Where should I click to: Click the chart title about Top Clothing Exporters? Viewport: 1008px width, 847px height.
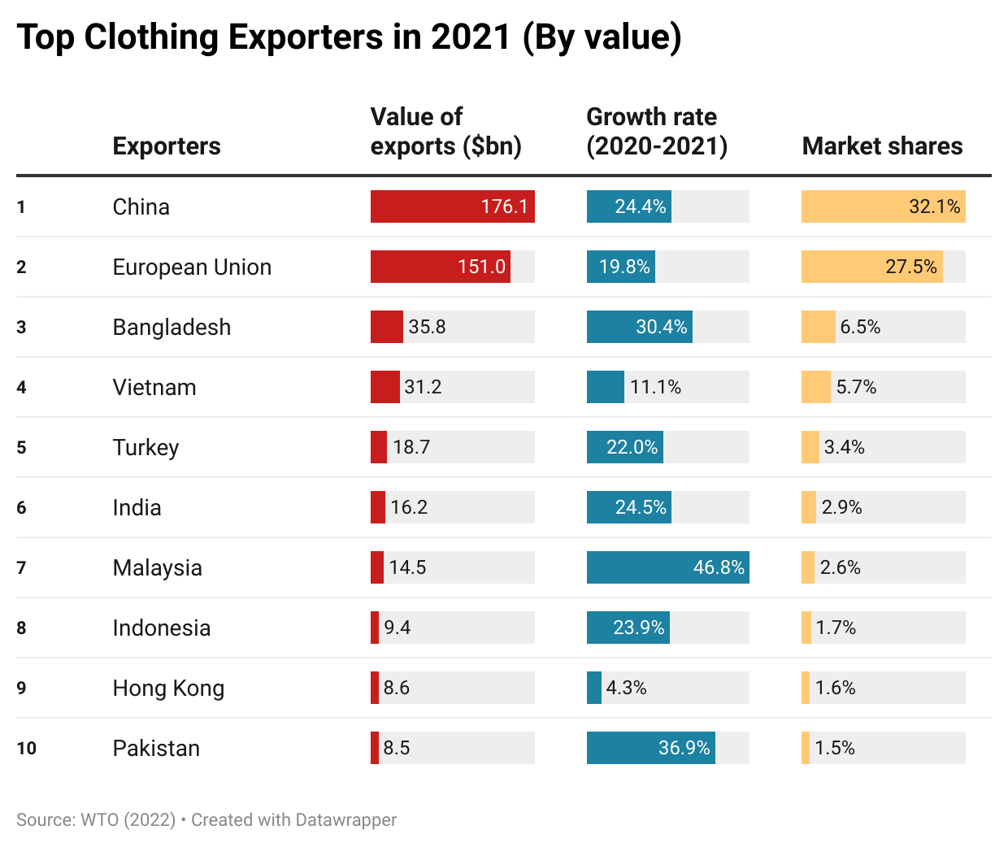(349, 38)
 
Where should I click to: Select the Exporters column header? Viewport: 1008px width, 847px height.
(167, 146)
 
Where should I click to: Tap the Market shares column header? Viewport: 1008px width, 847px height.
(882, 146)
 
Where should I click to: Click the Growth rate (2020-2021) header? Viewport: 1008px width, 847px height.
(657, 132)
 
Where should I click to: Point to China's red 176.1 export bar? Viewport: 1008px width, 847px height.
(452, 206)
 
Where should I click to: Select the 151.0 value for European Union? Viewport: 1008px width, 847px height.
(481, 267)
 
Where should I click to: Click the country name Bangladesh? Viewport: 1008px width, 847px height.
(172, 327)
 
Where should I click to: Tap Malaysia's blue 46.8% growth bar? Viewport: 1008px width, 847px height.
(667, 567)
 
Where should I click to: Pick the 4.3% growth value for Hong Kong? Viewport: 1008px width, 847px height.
(626, 688)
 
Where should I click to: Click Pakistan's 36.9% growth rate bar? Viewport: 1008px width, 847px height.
(650, 748)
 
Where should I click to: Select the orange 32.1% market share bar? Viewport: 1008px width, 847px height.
(883, 206)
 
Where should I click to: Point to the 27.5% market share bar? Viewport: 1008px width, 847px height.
(871, 267)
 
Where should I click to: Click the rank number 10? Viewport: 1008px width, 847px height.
(26, 748)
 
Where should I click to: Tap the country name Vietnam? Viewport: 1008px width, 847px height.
(154, 387)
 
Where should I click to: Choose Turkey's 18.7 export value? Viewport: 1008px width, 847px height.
(411, 447)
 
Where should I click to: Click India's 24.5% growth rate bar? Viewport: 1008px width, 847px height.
(628, 507)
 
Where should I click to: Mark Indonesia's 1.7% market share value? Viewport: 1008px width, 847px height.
(836, 628)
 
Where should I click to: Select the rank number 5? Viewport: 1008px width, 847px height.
(21, 447)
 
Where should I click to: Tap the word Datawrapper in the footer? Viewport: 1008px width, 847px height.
(345, 819)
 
